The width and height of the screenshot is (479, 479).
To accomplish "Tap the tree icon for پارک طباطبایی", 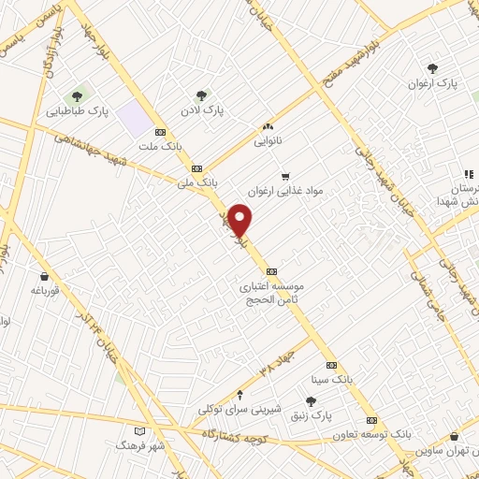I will pyautogui.click(x=78, y=95).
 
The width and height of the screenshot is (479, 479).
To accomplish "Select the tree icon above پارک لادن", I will pyautogui.click(x=201, y=94).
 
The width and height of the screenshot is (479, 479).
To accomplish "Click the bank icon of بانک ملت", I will pyautogui.click(x=161, y=132).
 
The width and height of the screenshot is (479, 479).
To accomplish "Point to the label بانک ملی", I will pyautogui.click(x=196, y=182).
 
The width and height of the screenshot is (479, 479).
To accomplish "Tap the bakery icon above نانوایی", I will pyautogui.click(x=268, y=127).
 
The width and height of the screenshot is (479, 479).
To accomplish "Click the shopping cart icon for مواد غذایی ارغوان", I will pyautogui.click(x=285, y=175).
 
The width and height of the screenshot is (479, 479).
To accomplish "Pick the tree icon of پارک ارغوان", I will pyautogui.click(x=432, y=67).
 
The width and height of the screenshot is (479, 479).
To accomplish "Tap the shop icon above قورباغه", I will pyautogui.click(x=45, y=275).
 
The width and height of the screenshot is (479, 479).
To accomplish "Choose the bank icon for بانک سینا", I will pyautogui.click(x=330, y=365).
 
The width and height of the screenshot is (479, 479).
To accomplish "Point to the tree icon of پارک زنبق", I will pyautogui.click(x=311, y=400).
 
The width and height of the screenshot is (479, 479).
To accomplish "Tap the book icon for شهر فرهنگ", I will pyautogui.click(x=140, y=431).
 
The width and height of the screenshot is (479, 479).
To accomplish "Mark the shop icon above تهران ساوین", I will pyautogui.click(x=454, y=436).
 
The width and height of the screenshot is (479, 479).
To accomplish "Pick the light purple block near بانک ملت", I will pyautogui.click(x=137, y=120).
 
